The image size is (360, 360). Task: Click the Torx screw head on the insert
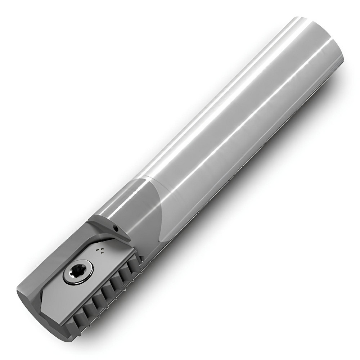coord(78,273)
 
